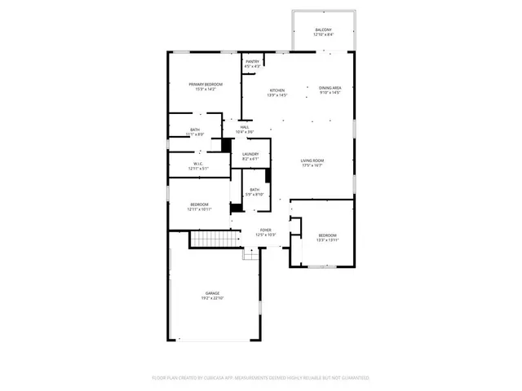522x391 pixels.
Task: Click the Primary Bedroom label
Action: point(206,84)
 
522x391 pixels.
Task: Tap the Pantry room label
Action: point(252,60)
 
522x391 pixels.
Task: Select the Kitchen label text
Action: point(277,90)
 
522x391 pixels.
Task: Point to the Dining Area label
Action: point(330,87)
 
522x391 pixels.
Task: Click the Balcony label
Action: point(324,30)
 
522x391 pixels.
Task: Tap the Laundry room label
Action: point(250,154)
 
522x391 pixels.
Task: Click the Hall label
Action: point(244,127)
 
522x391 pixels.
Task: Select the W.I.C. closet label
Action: point(198,164)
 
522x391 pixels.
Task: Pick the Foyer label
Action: point(266,231)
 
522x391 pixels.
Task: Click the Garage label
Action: point(212,293)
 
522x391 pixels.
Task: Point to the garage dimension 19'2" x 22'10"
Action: point(212,298)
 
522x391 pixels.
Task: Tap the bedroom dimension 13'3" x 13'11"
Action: point(326,240)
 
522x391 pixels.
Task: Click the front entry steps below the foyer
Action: point(251,254)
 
